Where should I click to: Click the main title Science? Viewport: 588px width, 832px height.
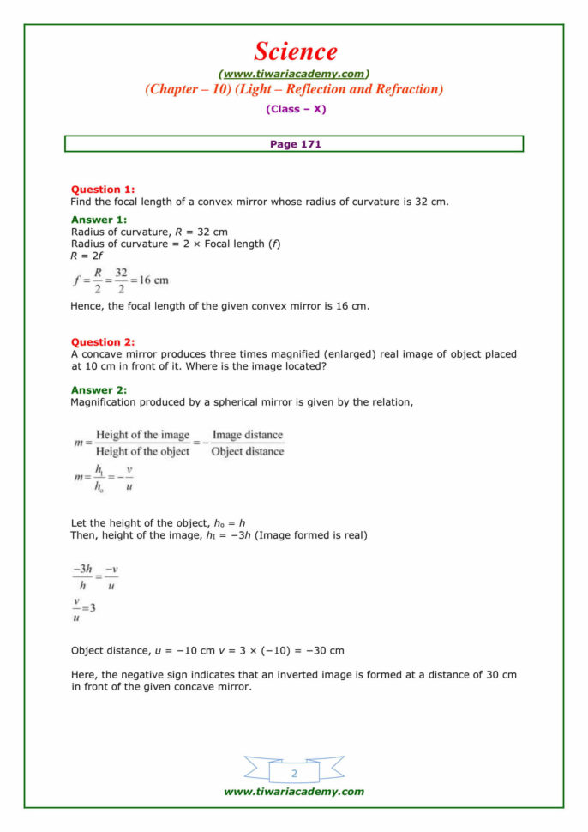(295, 52)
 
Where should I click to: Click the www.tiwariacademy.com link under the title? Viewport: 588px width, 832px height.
(294, 74)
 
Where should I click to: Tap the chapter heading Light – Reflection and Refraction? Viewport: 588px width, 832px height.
(294, 89)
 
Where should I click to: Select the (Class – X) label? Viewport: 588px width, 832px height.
(295, 109)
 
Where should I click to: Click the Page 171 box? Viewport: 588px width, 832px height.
(294, 144)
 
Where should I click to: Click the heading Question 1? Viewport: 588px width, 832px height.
(102, 190)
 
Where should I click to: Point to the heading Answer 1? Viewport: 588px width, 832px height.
(99, 220)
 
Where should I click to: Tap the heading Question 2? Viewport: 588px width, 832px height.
(102, 341)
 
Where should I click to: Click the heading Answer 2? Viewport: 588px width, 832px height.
(99, 389)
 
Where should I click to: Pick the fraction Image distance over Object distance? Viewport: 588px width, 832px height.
(247, 443)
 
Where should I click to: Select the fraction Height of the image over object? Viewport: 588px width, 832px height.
(142, 443)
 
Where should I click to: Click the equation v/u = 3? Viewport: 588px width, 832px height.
(84, 609)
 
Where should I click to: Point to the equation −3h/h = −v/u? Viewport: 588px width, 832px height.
(95, 577)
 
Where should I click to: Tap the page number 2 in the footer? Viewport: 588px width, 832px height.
(294, 774)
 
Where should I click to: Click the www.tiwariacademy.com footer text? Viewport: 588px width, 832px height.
(294, 792)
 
